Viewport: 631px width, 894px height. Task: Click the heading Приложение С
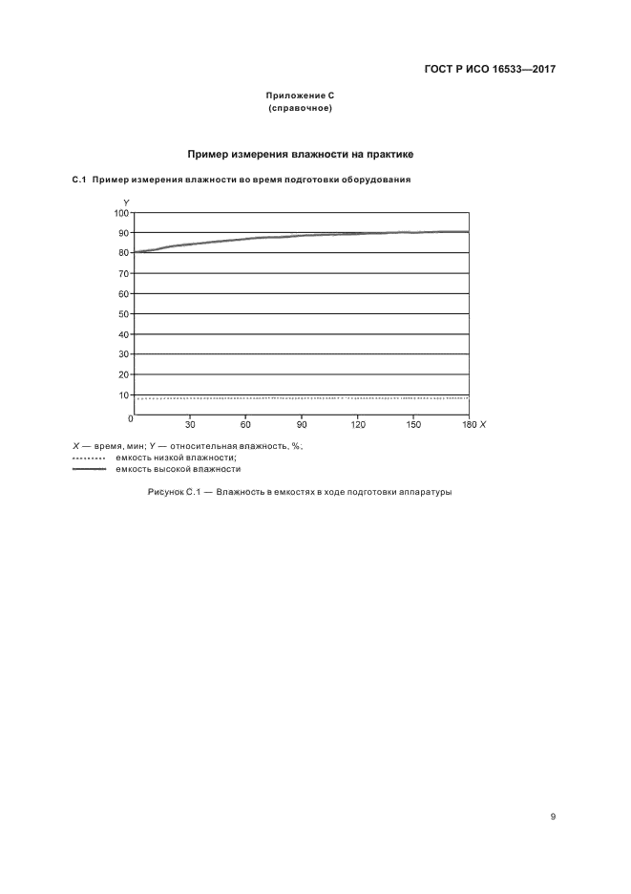(x=300, y=96)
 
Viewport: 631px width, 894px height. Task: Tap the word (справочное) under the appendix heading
(x=300, y=108)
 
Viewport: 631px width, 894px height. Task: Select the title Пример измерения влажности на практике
(x=300, y=153)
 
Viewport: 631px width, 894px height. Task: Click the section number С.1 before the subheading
(x=79, y=180)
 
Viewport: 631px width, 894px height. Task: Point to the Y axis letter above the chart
(x=126, y=202)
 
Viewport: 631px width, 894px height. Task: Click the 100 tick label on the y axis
(x=121, y=212)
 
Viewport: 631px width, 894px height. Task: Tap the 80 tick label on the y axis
(x=123, y=253)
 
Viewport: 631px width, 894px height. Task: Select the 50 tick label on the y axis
(x=123, y=314)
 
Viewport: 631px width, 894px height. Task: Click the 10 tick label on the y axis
(x=123, y=394)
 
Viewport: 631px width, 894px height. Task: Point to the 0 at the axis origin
(x=130, y=418)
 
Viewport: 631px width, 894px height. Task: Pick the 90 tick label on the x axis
(x=302, y=424)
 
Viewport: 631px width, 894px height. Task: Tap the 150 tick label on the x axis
(x=414, y=424)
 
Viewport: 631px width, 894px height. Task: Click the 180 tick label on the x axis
(x=467, y=424)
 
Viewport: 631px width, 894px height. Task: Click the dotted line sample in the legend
(x=89, y=458)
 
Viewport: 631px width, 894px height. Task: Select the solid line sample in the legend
(x=89, y=470)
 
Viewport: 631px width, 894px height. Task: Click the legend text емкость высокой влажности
(x=178, y=470)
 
